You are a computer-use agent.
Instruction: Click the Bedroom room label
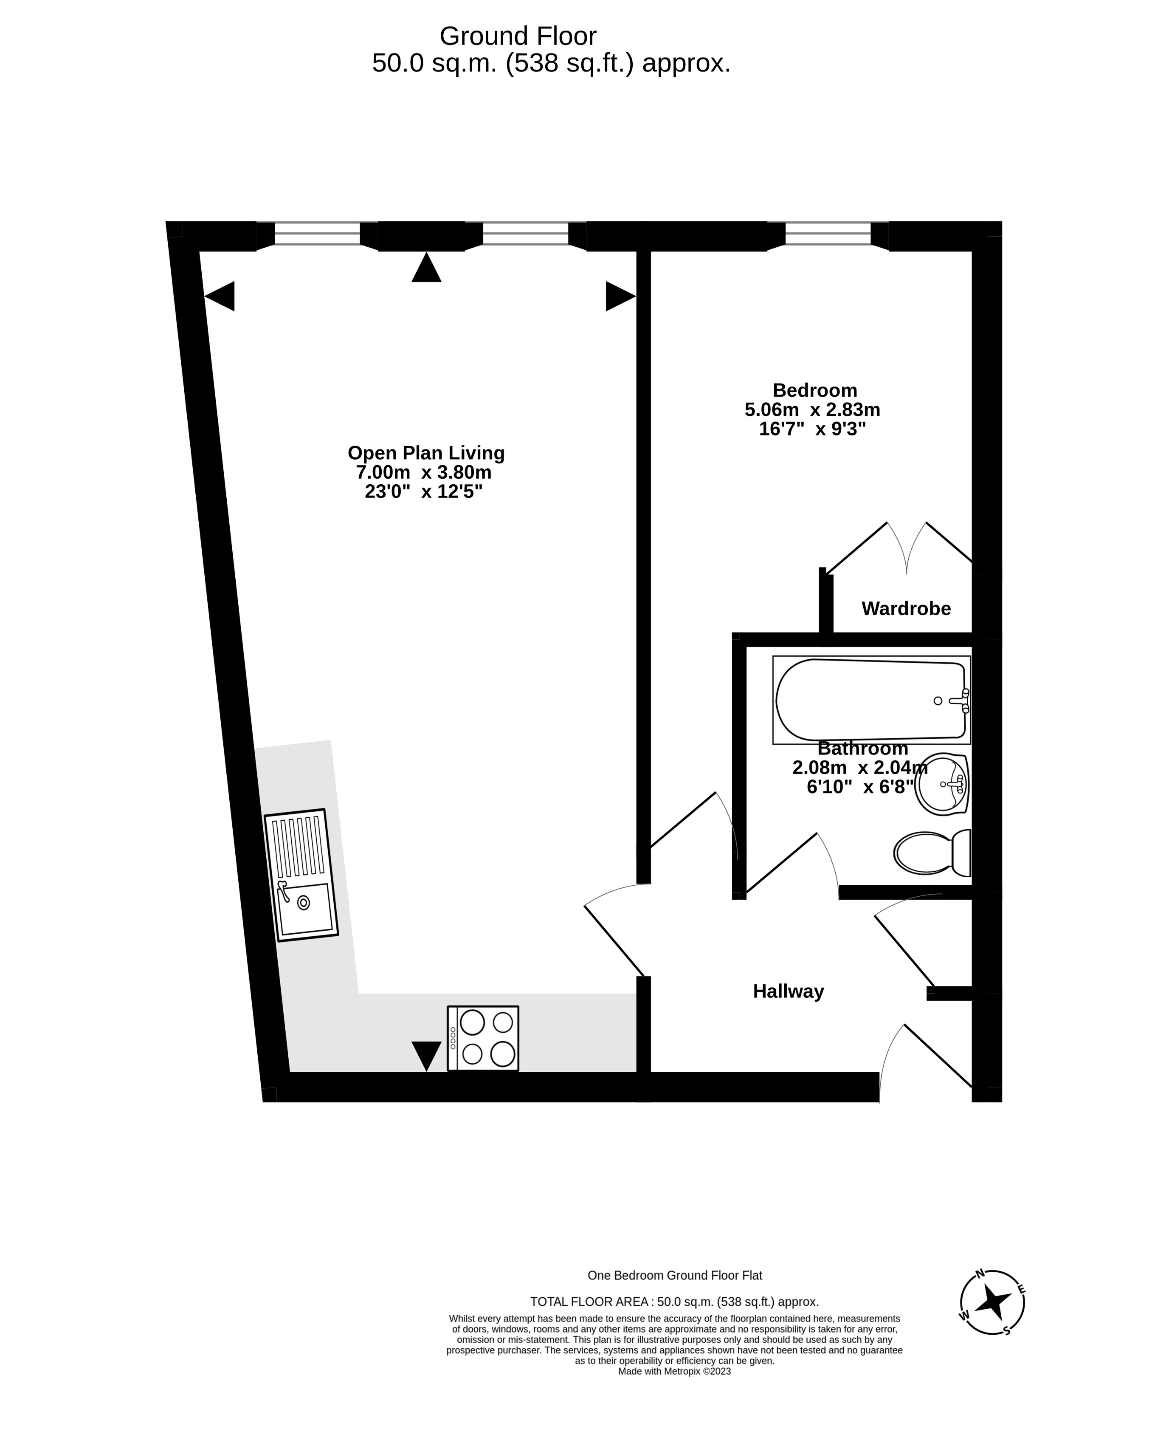[815, 391]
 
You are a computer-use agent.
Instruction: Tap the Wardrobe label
[907, 609]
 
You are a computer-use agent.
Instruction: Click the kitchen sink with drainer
[301, 875]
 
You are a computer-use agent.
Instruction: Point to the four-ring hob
[483, 1038]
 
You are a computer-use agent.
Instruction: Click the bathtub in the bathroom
[871, 700]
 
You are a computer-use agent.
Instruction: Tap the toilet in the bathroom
[932, 853]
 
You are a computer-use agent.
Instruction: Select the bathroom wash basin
[941, 783]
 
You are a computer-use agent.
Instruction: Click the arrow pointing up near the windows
[426, 267]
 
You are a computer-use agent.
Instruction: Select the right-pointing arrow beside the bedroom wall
[621, 297]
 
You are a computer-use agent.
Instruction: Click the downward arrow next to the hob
[426, 1056]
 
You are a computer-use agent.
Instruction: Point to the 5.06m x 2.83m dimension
[812, 410]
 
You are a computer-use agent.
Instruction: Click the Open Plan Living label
[425, 452]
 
